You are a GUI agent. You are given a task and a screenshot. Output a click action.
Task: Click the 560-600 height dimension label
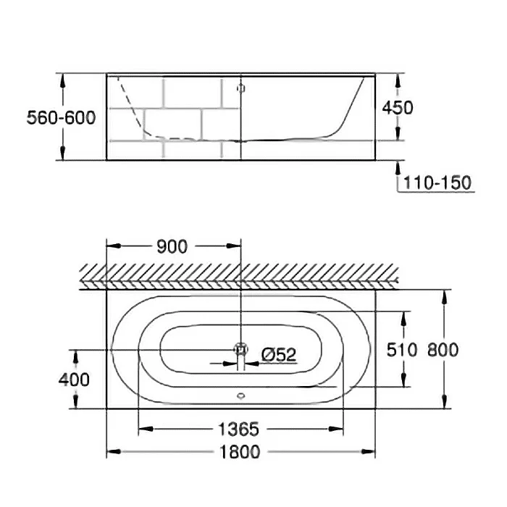(61, 117)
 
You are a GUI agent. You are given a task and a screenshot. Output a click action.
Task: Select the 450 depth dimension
(398, 108)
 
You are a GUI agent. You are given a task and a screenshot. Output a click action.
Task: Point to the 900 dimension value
(172, 246)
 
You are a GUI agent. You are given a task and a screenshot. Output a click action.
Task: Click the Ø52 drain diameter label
(279, 354)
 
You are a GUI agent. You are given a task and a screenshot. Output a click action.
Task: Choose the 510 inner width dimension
(403, 351)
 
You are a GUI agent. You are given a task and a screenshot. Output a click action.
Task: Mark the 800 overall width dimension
(442, 351)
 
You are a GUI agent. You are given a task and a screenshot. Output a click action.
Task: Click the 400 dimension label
(75, 379)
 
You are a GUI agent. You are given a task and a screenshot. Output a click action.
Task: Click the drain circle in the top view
(240, 349)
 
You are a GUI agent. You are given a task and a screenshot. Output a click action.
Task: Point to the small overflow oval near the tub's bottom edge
(240, 396)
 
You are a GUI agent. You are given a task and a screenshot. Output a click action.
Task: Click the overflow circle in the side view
(240, 88)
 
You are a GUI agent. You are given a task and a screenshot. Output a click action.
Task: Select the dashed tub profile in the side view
(134, 116)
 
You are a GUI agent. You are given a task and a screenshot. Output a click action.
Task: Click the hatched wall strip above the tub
(239, 276)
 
